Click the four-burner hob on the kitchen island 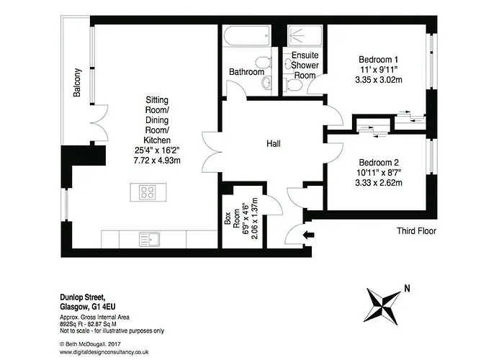(148, 192)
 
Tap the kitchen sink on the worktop (150, 240)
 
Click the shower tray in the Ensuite (305, 36)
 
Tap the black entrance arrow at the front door (309, 235)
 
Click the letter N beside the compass (407, 288)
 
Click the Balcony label (77, 83)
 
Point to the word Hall (273, 143)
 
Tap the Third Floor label (416, 231)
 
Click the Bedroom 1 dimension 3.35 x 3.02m (378, 79)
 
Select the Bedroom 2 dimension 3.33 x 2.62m (378, 183)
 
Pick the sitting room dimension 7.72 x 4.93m (157, 160)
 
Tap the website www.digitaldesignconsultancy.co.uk (104, 352)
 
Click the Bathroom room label (246, 72)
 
